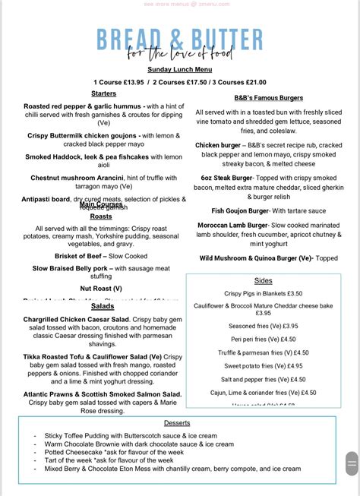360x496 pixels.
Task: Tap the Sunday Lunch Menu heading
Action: pyautogui.click(x=179, y=68)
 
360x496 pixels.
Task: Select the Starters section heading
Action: pyautogui.click(x=104, y=93)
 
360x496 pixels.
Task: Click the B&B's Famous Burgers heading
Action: pyautogui.click(x=269, y=98)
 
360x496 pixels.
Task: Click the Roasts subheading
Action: pyautogui.click(x=101, y=216)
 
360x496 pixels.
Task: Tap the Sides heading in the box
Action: pyautogui.click(x=264, y=280)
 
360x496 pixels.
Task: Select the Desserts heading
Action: pyautogui.click(x=177, y=422)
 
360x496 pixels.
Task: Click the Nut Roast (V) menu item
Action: pyautogui.click(x=101, y=289)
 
